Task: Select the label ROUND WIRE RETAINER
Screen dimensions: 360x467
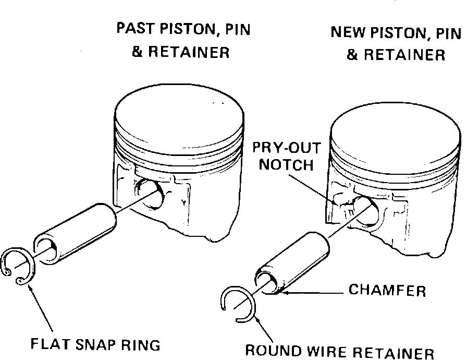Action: point(339,352)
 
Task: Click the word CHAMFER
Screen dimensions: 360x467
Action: point(387,290)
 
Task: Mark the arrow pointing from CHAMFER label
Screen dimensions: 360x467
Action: point(313,293)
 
